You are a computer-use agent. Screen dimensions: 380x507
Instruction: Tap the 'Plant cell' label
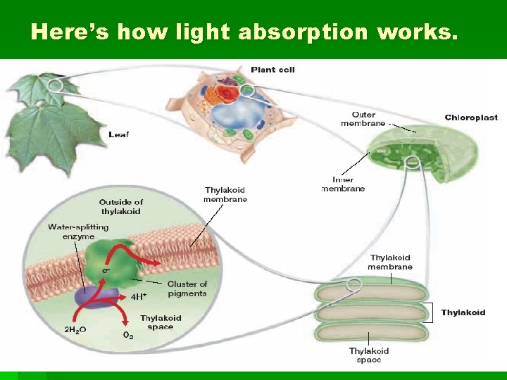tap(273, 70)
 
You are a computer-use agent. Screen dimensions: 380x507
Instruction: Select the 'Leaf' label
tap(119, 134)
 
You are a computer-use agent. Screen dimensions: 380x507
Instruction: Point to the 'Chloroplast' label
tap(471, 118)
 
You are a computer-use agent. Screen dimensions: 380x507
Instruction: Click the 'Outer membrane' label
tap(363, 119)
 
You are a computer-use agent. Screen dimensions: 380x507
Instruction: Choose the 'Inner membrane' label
tap(343, 184)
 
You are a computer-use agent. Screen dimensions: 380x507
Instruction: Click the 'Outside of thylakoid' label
tap(120, 207)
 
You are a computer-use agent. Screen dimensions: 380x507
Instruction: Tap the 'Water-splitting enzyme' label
tap(78, 232)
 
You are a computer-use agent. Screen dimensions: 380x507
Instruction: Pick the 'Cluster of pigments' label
tap(187, 289)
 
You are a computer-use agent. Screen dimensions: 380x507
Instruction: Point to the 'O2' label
tap(128, 336)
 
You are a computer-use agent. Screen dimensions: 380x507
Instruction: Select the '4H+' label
tap(139, 296)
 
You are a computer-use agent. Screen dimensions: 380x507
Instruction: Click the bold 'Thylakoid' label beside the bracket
tap(463, 312)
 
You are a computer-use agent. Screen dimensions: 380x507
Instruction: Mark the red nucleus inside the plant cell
tap(227, 95)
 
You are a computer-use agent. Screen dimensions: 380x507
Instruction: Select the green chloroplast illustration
tap(418, 155)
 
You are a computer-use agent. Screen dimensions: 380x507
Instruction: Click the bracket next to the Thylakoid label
tap(427, 312)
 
